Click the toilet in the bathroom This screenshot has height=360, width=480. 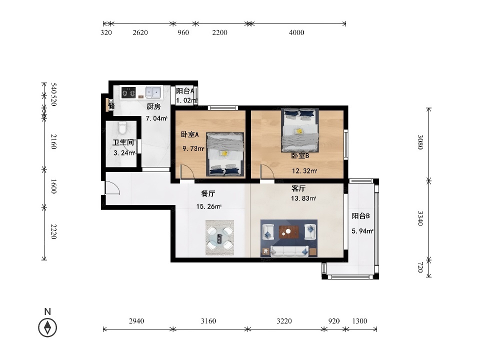pyautogui.click(x=122, y=128)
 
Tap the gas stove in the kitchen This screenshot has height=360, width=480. pyautogui.click(x=128, y=92)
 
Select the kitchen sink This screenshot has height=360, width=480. pyautogui.click(x=153, y=92)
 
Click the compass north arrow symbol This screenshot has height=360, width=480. pyautogui.click(x=47, y=327)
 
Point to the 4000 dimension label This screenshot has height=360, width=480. pyautogui.click(x=296, y=32)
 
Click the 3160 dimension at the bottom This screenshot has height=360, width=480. pyautogui.click(x=208, y=321)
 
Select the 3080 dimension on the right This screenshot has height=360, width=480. pyautogui.click(x=420, y=142)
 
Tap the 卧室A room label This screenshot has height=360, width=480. pyautogui.click(x=190, y=134)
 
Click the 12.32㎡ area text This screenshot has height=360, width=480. pyautogui.click(x=304, y=171)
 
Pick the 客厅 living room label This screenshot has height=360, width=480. pyautogui.click(x=298, y=188)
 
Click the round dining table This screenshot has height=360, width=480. pyautogui.click(x=220, y=238)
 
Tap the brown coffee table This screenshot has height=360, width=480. pyautogui.click(x=288, y=231)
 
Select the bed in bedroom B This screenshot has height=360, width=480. pyautogui.click(x=300, y=130)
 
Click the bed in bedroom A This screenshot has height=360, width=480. pyautogui.click(x=225, y=154)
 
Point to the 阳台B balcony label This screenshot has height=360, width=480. pyautogui.click(x=360, y=216)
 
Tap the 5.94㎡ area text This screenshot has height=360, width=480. pyautogui.click(x=362, y=231)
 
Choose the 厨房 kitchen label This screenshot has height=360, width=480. pyautogui.click(x=153, y=106)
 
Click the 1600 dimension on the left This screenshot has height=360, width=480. pyautogui.click(x=53, y=186)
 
